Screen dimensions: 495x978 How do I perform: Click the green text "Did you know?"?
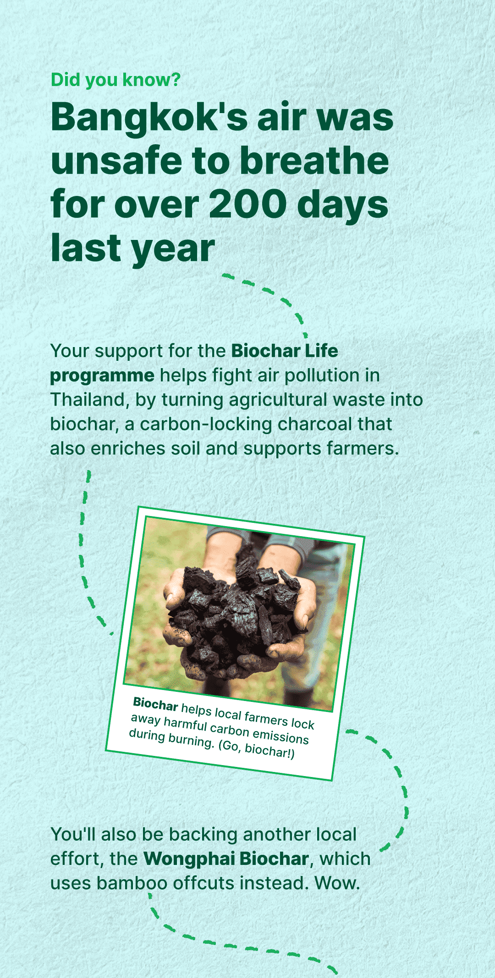(x=115, y=80)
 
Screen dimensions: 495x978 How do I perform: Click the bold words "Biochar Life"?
(x=285, y=351)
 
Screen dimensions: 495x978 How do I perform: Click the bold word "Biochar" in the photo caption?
(x=155, y=704)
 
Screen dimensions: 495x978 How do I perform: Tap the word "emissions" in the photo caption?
(x=280, y=734)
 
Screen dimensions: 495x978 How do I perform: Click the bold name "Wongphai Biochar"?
(x=226, y=859)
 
